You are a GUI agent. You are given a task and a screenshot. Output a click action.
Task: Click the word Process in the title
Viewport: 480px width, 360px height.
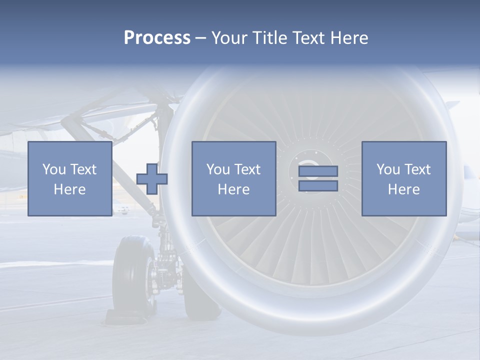pos(157,38)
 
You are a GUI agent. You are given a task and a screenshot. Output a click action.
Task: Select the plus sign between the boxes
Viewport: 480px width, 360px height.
pos(152,179)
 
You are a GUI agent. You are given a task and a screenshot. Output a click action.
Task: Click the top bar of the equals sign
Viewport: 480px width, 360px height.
pos(318,171)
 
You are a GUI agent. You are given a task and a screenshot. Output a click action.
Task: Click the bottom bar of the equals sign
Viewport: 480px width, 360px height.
pos(318,185)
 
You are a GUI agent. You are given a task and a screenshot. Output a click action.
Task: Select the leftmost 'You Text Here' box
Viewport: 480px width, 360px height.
pos(69,178)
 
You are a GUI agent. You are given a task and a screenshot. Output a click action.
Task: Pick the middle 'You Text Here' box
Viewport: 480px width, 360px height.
pos(233,178)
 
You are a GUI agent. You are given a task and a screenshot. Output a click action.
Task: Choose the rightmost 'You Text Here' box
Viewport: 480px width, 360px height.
pos(403,178)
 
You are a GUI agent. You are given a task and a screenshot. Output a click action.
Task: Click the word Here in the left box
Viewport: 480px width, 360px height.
pos(69,189)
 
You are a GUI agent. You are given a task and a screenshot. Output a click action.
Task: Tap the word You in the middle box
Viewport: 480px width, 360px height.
pos(218,169)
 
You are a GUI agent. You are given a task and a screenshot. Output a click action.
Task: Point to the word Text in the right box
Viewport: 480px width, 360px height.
pos(417,169)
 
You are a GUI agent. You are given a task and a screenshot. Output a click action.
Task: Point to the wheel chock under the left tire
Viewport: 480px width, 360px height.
pos(120,317)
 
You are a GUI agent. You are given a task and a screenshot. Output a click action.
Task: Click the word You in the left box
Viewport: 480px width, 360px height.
pos(54,169)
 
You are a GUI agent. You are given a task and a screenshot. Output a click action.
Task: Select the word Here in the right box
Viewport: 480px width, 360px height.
pos(403,189)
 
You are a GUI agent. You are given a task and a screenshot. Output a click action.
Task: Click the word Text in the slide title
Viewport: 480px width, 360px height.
pos(305,38)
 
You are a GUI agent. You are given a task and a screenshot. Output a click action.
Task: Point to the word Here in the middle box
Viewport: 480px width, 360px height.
pos(233,189)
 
